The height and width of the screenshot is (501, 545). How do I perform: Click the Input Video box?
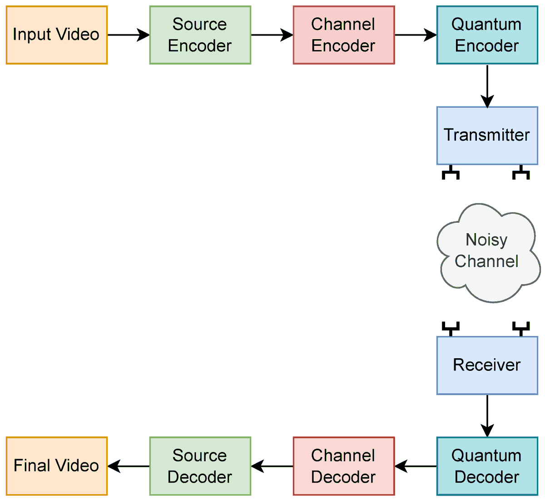pyautogui.click(x=57, y=35)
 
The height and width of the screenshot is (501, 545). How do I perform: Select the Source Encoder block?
pyautogui.click(x=200, y=35)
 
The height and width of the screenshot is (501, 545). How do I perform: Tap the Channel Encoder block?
pyautogui.click(x=344, y=35)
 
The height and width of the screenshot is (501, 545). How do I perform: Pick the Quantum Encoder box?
pyautogui.click(x=487, y=35)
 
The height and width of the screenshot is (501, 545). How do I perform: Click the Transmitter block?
pyautogui.click(x=487, y=135)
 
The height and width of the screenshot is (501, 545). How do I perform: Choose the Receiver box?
pyautogui.click(x=487, y=365)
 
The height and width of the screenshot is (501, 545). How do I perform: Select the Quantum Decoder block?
pyautogui.click(x=487, y=466)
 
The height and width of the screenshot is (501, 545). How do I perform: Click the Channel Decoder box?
pyautogui.click(x=344, y=466)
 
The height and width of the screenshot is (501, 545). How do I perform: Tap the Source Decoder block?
pyautogui.click(x=200, y=466)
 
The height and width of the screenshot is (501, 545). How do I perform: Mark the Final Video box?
pyautogui.click(x=57, y=466)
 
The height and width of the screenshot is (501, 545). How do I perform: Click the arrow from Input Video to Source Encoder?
pyautogui.click(x=129, y=35)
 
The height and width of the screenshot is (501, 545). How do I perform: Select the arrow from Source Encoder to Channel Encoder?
pyautogui.click(x=272, y=35)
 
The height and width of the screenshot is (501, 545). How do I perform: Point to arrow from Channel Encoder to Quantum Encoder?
pyautogui.click(x=415, y=35)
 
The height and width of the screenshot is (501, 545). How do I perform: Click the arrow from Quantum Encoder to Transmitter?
pyautogui.click(x=487, y=85)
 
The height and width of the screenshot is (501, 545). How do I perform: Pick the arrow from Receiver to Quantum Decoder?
pyautogui.click(x=487, y=416)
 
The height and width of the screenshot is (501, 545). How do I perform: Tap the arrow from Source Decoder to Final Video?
pyautogui.click(x=129, y=466)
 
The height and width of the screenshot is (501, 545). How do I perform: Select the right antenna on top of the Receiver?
pyautogui.click(x=521, y=328)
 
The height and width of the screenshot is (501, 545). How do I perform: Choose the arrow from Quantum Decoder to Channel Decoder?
pyautogui.click(x=415, y=466)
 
